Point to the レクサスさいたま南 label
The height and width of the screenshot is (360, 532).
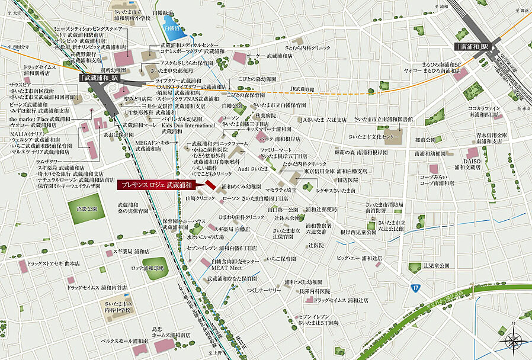(x=335, y=191)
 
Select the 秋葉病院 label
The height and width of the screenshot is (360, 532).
(x=266, y=115)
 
